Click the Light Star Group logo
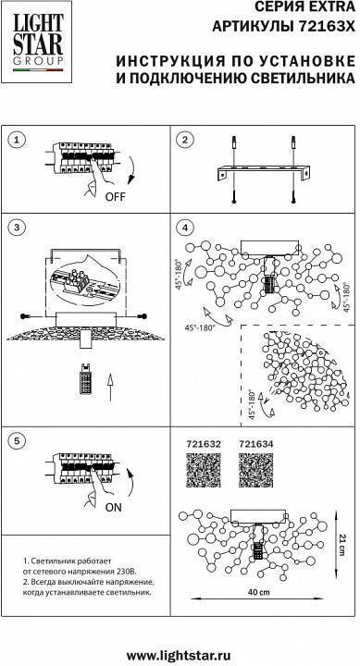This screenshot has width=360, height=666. coord(36,42)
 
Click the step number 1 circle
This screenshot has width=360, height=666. coord(17,141)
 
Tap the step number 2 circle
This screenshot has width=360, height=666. coord(185,141)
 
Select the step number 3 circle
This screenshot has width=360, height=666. coord(17,228)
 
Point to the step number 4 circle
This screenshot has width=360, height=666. coord(185,228)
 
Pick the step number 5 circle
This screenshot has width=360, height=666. coord(17,440)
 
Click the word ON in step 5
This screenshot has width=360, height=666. coord(113,507)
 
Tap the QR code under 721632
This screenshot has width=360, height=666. coord(204,470)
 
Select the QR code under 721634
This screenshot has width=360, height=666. coord(255,470)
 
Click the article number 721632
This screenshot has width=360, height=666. coord(204,444)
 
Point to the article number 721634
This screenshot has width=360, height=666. coord(255,444)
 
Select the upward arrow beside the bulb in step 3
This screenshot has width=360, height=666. coord(110,388)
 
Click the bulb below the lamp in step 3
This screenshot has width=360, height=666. coord(86,378)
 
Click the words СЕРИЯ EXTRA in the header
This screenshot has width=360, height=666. coord(304,6)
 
